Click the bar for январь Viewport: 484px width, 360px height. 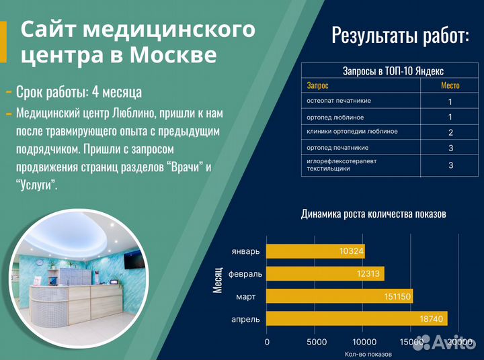pyautogui.click(x=315, y=251)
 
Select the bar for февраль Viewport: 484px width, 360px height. pyautogui.click(x=325, y=273)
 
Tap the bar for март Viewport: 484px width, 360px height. pyautogui.click(x=339, y=296)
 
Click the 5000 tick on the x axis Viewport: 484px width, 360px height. pyautogui.click(x=315, y=343)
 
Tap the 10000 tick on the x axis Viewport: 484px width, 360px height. pyautogui.click(x=363, y=343)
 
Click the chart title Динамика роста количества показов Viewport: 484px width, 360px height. pyautogui.click(x=373, y=214)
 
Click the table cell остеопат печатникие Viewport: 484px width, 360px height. pyautogui.click(x=339, y=101)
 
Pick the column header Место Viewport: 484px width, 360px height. pyautogui.click(x=450, y=85)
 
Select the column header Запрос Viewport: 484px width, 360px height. pyautogui.click(x=318, y=85)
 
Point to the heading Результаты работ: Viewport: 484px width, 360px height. pyautogui.click(x=400, y=36)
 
